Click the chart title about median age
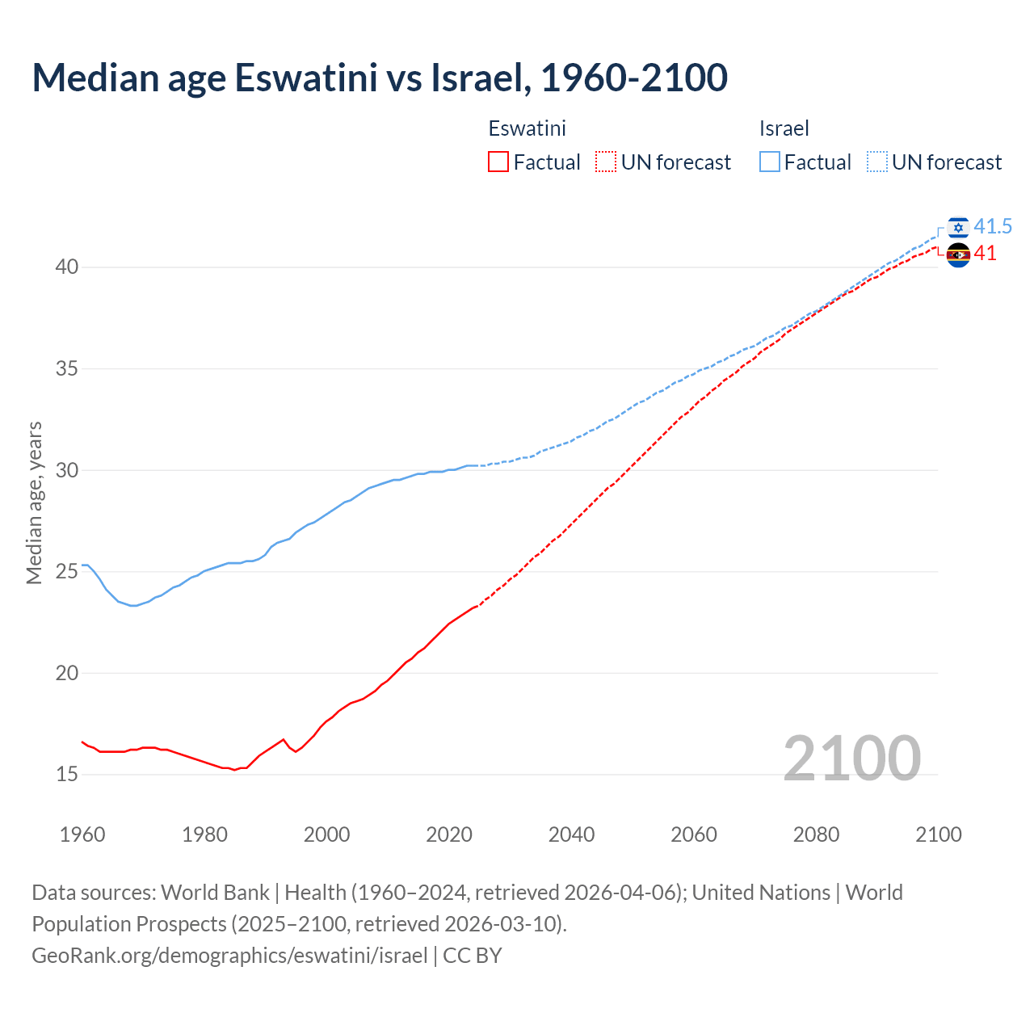[380, 78]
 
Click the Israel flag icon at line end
[958, 228]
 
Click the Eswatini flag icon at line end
[958, 254]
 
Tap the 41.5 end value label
[993, 227]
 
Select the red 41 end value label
[986, 254]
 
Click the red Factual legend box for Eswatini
[498, 162]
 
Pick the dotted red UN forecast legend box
[606, 162]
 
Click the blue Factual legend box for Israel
[770, 162]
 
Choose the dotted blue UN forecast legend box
[877, 162]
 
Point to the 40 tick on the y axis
[67, 267]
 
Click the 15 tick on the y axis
[67, 775]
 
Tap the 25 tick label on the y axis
[67, 572]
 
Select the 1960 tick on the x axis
[82, 834]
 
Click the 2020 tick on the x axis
[449, 834]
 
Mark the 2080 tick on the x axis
[816, 834]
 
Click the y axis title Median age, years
[34, 502]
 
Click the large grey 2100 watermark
[851, 758]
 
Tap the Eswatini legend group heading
[527, 128]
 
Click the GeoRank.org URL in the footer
[229, 956]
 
